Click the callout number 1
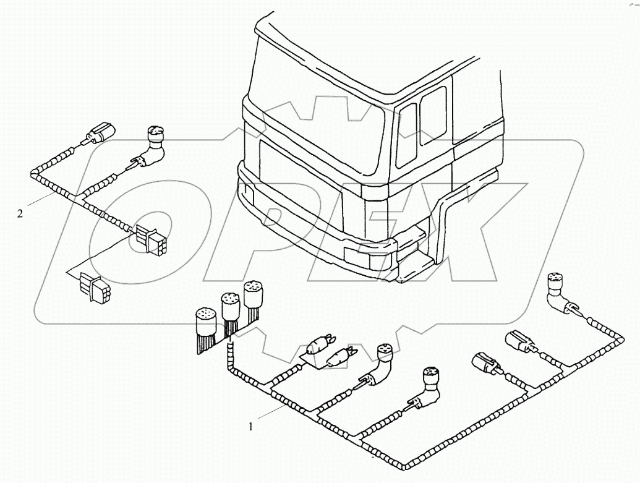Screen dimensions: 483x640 click(x=250, y=425)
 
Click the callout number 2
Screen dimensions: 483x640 click(x=21, y=214)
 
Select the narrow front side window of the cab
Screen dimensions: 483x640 click(x=406, y=135)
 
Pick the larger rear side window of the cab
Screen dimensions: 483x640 click(x=433, y=115)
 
